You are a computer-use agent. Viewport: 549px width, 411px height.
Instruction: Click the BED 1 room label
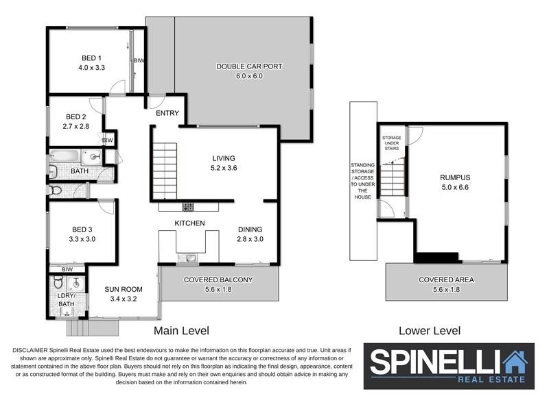[90, 63]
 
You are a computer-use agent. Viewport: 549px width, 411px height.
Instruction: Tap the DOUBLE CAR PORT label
[249, 71]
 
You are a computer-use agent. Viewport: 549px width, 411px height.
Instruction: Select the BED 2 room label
[76, 121]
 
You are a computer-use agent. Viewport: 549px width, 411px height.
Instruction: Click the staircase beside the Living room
[164, 171]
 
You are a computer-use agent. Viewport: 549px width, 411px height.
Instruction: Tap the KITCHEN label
[189, 224]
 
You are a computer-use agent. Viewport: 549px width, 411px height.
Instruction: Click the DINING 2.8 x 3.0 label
[250, 234]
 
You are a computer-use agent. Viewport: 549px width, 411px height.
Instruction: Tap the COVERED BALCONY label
[218, 284]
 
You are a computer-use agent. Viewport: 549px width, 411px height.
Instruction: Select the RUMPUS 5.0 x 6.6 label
[456, 182]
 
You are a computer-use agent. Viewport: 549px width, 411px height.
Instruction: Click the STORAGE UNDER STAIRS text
[392, 142]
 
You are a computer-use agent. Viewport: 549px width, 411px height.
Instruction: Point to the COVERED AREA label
[446, 284]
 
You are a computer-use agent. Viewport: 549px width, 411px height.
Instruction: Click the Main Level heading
[181, 331]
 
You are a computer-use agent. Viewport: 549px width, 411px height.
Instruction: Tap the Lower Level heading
[430, 331]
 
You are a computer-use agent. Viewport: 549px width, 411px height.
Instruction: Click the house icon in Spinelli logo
[513, 361]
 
